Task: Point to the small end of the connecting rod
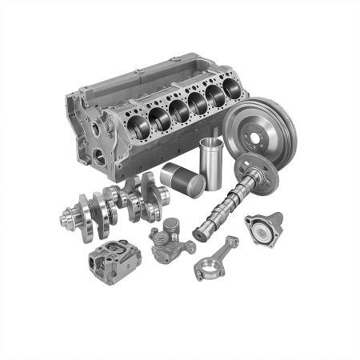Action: [x=232, y=241]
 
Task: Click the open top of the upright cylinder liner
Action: [x=210, y=143]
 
